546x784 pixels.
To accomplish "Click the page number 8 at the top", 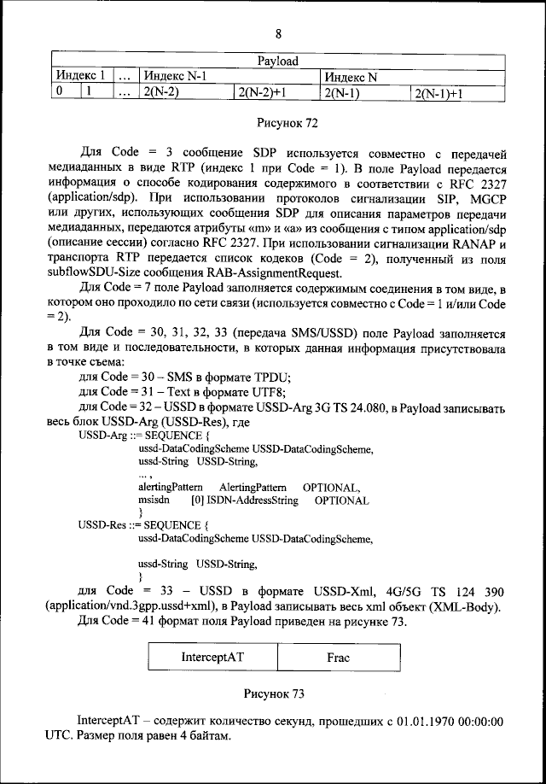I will [278, 34].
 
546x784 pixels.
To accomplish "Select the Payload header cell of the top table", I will [277, 61].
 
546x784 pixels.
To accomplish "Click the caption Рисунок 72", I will [287, 124].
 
